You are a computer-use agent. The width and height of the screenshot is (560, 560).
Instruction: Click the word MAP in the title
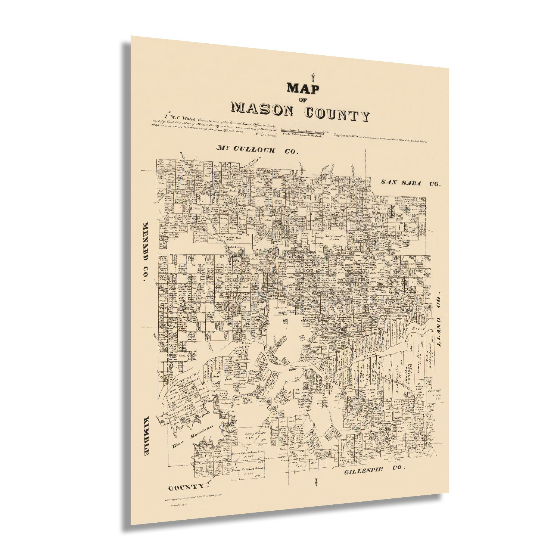click(303, 88)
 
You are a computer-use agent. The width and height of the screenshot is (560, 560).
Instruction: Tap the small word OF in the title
click(303, 100)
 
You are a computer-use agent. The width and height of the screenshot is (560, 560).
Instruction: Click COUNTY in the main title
click(337, 114)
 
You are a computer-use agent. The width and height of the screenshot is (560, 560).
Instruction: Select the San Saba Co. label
click(410, 183)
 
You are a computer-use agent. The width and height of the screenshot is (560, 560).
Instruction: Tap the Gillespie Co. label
click(374, 470)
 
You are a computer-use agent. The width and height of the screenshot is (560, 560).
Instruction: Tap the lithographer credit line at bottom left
click(199, 499)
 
